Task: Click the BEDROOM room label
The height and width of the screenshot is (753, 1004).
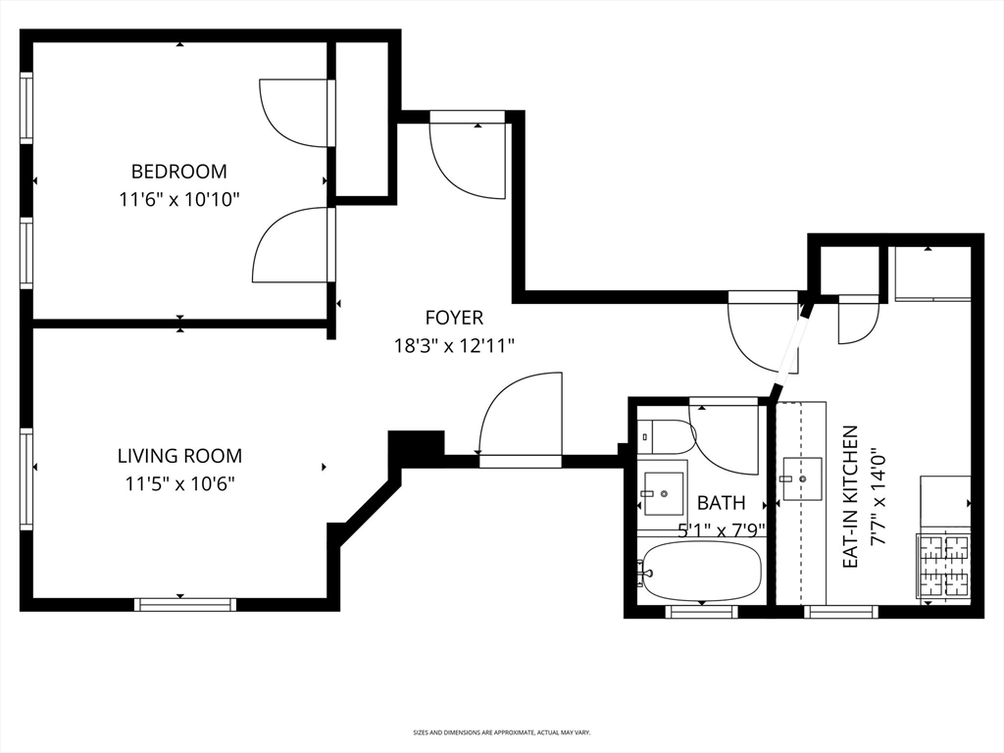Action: pos(178,172)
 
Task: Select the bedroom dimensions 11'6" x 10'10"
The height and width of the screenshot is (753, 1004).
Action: pos(178,199)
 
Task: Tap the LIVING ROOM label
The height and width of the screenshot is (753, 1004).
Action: pos(179,456)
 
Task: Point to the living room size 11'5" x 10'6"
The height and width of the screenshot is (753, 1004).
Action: pos(179,483)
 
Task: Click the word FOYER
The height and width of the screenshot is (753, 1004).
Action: pos(453,318)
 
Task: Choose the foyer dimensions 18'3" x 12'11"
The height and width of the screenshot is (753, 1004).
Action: pos(453,345)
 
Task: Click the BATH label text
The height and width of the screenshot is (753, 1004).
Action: pos(721,503)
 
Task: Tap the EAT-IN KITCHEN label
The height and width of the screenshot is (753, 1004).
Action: pos(851,496)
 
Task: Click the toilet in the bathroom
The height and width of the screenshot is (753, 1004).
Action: pos(664,435)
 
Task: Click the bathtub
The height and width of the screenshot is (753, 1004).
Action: pos(700,572)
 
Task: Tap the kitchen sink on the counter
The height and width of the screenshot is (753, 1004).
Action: pos(803,478)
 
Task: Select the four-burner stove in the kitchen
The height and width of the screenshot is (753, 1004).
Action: pos(943,566)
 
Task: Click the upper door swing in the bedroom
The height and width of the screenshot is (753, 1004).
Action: pos(293,112)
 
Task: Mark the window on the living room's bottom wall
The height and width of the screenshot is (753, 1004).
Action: pos(184,604)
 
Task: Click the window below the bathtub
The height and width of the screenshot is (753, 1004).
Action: pos(700,612)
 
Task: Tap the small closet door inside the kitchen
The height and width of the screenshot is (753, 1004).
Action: pos(857,319)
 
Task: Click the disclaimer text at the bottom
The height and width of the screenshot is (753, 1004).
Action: pos(501,732)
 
